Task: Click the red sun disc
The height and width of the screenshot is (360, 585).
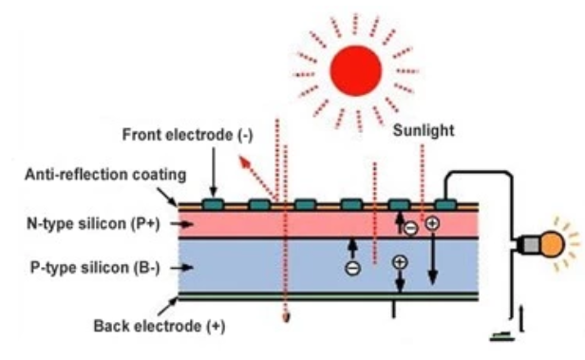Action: [355, 71]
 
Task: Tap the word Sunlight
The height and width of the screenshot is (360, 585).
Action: [424, 130]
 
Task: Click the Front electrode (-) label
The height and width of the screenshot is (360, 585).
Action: [187, 135]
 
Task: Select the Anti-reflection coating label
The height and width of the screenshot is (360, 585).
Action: [105, 174]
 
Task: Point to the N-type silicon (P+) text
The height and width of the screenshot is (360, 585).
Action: [93, 224]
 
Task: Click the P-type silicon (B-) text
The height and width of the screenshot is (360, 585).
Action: [95, 268]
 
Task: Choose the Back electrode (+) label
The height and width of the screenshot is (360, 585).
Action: [160, 326]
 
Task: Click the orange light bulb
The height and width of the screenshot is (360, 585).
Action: [553, 244]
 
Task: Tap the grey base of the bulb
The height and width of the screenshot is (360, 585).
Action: [532, 245]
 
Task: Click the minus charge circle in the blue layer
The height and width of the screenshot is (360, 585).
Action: [352, 268]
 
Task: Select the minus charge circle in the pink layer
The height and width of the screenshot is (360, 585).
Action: [411, 228]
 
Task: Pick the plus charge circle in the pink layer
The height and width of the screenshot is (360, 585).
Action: [432, 223]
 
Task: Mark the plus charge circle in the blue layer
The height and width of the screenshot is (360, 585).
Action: [400, 262]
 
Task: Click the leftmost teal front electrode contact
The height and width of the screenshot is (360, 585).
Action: [214, 204]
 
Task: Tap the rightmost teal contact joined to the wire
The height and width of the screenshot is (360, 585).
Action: [445, 204]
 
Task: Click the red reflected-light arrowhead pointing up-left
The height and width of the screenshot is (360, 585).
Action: [244, 161]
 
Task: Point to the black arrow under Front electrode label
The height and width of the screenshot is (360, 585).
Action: [214, 172]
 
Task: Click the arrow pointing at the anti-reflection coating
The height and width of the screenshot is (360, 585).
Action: [167, 197]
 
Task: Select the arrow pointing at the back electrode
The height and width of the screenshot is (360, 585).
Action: [167, 307]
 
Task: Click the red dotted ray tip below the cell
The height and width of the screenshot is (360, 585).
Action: [286, 318]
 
